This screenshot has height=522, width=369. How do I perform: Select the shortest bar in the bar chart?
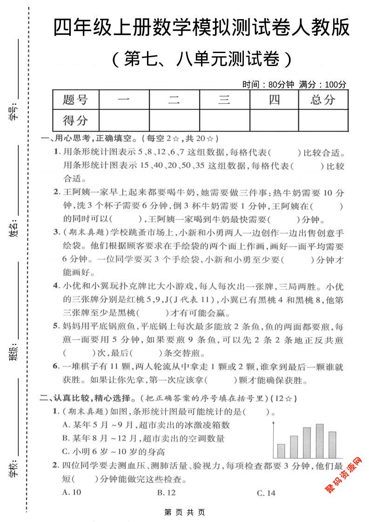click(281, 451)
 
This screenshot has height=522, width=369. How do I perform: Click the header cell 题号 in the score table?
click(75, 99)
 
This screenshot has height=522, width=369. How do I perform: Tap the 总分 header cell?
click(323, 99)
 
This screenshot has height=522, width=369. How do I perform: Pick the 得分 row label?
click(75, 120)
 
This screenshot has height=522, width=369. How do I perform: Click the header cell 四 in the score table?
click(274, 99)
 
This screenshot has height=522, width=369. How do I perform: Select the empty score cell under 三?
click(224, 120)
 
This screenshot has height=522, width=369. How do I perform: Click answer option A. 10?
click(72, 492)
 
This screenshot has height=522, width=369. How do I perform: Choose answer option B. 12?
click(167, 492)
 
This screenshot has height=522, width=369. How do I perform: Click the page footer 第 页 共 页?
click(185, 512)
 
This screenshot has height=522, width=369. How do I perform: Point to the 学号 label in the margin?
click(13, 112)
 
